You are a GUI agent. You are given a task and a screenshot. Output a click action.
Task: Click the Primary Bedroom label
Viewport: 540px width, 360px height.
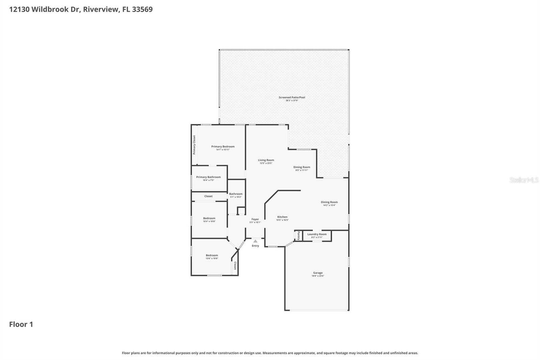pos(223,147)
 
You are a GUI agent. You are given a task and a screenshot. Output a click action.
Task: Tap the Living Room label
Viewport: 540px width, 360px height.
pos(266,160)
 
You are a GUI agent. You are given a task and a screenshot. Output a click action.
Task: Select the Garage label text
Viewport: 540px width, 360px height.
pos(318,273)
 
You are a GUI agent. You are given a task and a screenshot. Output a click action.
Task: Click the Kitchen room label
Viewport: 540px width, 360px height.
pos(282,217)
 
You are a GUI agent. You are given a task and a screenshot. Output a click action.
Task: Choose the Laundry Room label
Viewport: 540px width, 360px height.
pos(317,234)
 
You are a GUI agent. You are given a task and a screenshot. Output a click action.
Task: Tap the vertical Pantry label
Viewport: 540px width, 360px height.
pos(298,235)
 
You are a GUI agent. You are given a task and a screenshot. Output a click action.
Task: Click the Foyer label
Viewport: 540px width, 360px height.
pos(255,219)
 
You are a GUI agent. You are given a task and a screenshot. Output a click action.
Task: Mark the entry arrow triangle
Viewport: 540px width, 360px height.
pos(255,241)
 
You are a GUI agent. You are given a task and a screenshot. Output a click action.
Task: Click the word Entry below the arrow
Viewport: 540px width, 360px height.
pos(255,246)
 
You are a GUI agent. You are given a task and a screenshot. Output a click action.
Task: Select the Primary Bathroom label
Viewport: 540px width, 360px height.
pos(208,177)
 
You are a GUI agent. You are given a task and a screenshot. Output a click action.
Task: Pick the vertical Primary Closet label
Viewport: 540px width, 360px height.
pos(194,145)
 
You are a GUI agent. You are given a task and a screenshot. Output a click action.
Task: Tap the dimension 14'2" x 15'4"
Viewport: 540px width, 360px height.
pos(329,205)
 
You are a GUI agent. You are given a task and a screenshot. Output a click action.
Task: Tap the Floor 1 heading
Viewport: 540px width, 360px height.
pos(21,325)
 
